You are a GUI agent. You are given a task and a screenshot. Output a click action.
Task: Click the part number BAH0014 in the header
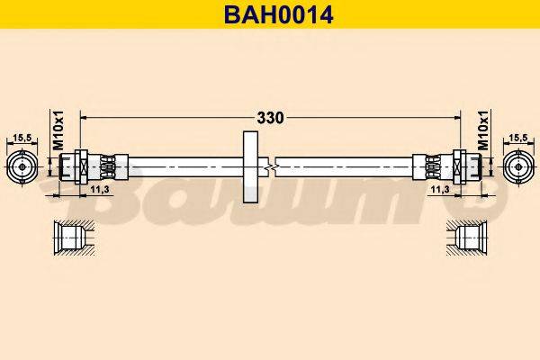pyautogui.click(x=269, y=14)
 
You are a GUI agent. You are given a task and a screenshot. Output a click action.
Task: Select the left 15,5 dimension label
pyautogui.click(x=23, y=137)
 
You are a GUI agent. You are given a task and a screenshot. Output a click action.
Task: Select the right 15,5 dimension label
pyautogui.click(x=517, y=137)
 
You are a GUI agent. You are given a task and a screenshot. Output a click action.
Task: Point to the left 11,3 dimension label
pyautogui.click(x=101, y=191)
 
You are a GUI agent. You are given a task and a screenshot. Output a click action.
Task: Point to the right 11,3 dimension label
pyautogui.click(x=439, y=191)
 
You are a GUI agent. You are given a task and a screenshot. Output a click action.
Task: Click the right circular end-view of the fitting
pyautogui.click(x=517, y=166)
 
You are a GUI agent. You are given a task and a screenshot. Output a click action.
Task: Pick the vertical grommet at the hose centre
pyautogui.click(x=250, y=166)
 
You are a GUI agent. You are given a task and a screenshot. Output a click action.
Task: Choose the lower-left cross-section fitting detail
pyautogui.click(x=71, y=238)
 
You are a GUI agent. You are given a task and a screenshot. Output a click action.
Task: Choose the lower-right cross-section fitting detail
pyautogui.click(x=468, y=238)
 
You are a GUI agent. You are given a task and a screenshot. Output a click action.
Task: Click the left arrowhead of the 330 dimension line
pyautogui.click(x=85, y=117)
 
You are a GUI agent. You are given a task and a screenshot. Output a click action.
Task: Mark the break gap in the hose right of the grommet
pyautogui.click(x=273, y=166)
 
